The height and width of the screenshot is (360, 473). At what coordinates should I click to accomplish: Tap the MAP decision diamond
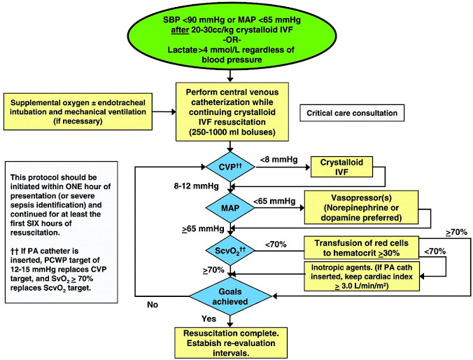tap(231, 208)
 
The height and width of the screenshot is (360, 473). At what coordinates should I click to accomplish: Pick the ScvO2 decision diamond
tap(231, 248)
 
